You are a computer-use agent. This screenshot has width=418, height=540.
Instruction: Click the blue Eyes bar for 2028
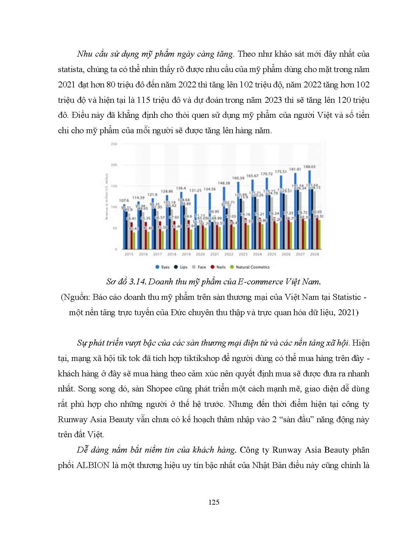tap(309, 209)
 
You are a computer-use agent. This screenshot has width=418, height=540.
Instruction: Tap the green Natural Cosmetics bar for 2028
tap(319, 234)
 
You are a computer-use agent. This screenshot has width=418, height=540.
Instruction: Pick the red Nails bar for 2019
tap(188, 234)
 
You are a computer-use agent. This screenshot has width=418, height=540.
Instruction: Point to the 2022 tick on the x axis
tap(229, 254)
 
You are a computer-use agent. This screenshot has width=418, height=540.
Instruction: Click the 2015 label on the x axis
tap(129, 254)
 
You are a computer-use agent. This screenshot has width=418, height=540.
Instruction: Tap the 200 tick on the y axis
tap(114, 165)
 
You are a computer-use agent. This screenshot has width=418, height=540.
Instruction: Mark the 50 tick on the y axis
tap(115, 228)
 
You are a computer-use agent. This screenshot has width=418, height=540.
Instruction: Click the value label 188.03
tap(309, 167)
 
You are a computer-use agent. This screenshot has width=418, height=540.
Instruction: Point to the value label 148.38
tap(224, 183)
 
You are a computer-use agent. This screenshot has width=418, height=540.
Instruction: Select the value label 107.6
tap(124, 200)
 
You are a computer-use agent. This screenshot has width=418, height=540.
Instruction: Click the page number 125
tap(213, 502)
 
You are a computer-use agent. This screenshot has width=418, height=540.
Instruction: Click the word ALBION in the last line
tap(93, 465)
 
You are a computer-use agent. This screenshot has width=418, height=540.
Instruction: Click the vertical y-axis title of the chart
tap(106, 196)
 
